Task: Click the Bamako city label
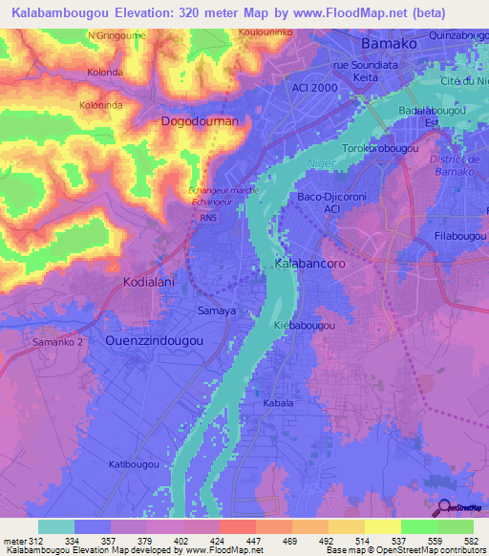(x=390, y=45)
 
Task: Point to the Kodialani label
(x=155, y=283)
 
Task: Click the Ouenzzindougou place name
(x=154, y=340)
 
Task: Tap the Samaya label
(x=216, y=312)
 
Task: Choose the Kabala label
(x=278, y=403)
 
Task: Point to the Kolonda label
(x=104, y=73)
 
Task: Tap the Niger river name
(x=319, y=163)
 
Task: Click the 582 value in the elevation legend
(x=471, y=541)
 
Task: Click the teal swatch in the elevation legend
(x=56, y=526)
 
